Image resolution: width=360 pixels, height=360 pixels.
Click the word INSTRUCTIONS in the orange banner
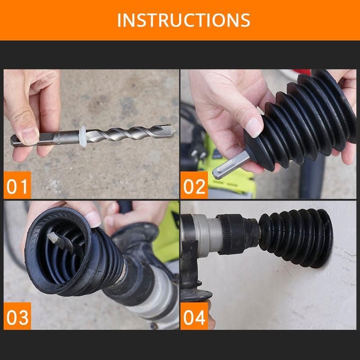click(x=184, y=20)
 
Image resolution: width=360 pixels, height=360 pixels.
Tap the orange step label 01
click(x=17, y=185)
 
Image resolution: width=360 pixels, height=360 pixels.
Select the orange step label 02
click(x=194, y=185)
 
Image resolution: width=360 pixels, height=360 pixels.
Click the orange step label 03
click(x=17, y=316)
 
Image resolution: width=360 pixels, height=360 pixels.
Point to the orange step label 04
click(x=194, y=316)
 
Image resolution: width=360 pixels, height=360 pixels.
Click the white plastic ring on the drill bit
click(x=83, y=136)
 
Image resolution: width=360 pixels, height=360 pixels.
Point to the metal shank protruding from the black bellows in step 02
click(x=231, y=165)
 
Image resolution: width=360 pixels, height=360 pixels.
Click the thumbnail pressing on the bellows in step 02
click(x=253, y=127)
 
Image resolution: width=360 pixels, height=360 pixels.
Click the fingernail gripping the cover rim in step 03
click(x=93, y=220)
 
